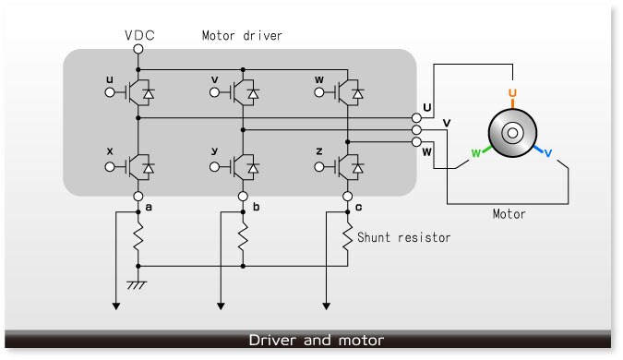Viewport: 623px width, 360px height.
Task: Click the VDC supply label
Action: (x=138, y=36)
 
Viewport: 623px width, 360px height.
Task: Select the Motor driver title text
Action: (x=241, y=36)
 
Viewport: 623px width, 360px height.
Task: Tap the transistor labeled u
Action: (x=138, y=92)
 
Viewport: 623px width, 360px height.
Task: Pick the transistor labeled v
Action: (x=243, y=92)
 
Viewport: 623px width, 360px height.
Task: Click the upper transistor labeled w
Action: (x=348, y=92)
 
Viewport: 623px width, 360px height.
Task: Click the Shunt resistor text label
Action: (x=405, y=237)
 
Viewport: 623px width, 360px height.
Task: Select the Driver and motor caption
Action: (x=316, y=341)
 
